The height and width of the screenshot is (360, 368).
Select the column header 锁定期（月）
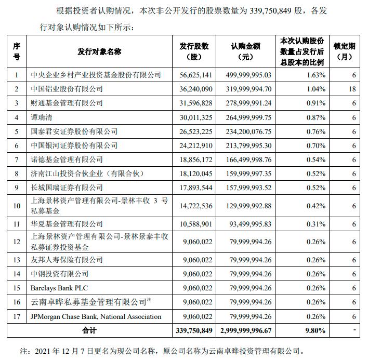(346, 51)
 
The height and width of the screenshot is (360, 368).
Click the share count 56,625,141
(194, 75)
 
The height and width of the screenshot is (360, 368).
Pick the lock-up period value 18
(352, 89)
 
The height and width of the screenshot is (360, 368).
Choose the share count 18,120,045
(194, 174)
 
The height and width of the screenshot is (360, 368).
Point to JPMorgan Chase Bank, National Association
(96, 316)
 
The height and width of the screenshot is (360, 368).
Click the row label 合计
(89, 330)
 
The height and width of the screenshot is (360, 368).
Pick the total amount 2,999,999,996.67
(246, 330)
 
